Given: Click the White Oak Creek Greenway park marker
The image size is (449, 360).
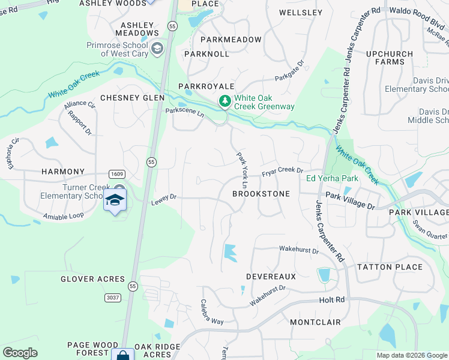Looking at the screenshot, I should pos(225,101).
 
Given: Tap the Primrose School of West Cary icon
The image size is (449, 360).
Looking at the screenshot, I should pos(158,48).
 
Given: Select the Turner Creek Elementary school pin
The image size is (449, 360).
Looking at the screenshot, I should pos(115,200).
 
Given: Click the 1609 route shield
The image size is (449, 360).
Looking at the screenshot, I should pos(116,174).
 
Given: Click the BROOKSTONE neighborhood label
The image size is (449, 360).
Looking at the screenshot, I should pos(261,194).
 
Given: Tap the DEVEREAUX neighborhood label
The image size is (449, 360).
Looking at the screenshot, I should pos(271,277).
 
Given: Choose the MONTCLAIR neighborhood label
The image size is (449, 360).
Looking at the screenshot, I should pos(315,322).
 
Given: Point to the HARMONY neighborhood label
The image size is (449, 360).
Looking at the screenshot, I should pos(63,172).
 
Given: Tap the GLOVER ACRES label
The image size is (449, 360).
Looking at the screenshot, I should pos(92,279).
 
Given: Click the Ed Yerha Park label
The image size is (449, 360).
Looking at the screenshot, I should pos(332,179).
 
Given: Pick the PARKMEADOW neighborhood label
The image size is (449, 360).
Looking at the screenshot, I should pos(231,40).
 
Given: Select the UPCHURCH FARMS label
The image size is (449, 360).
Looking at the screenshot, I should pos(390,58).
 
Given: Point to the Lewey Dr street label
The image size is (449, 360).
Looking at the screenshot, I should pos(163,199).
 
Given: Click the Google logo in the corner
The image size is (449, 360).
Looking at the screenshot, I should pos(20,353).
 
